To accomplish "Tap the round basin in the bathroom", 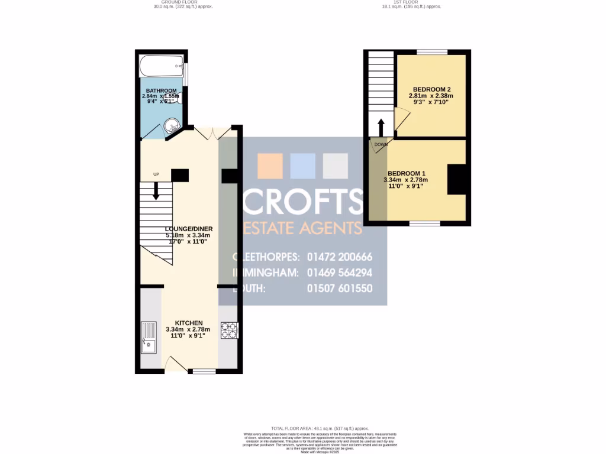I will coord(171,125).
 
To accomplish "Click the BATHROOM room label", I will coord(162,90).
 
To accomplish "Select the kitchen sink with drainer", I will coord(149,337).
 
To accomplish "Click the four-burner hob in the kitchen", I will coord(228,330).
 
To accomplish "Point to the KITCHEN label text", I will coord(188,323).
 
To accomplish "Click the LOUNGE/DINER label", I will coord(188,229).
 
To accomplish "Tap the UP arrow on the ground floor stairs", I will coord(156,190).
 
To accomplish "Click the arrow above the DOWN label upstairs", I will coord(381,127).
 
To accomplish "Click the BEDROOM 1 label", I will coord(405,173).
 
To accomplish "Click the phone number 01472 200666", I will coord(339,257).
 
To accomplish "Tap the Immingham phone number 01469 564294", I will coord(339,273).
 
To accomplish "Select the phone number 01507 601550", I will coord(339,288).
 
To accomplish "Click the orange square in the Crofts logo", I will coord(270,166).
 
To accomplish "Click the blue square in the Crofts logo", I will coord(302,166).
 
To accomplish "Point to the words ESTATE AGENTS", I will coord(302,228).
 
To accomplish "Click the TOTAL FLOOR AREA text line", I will coord(320,428).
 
